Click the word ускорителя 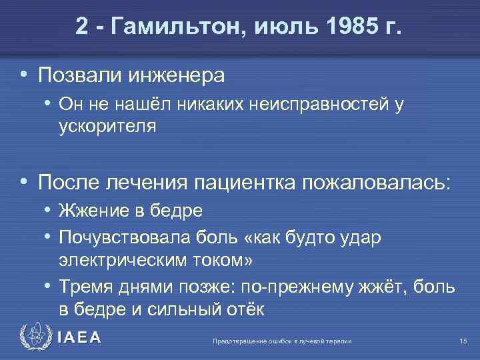click(x=107, y=125)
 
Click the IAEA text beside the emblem click(x=79, y=338)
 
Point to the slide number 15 click(x=463, y=341)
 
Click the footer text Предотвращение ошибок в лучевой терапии click(x=282, y=341)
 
